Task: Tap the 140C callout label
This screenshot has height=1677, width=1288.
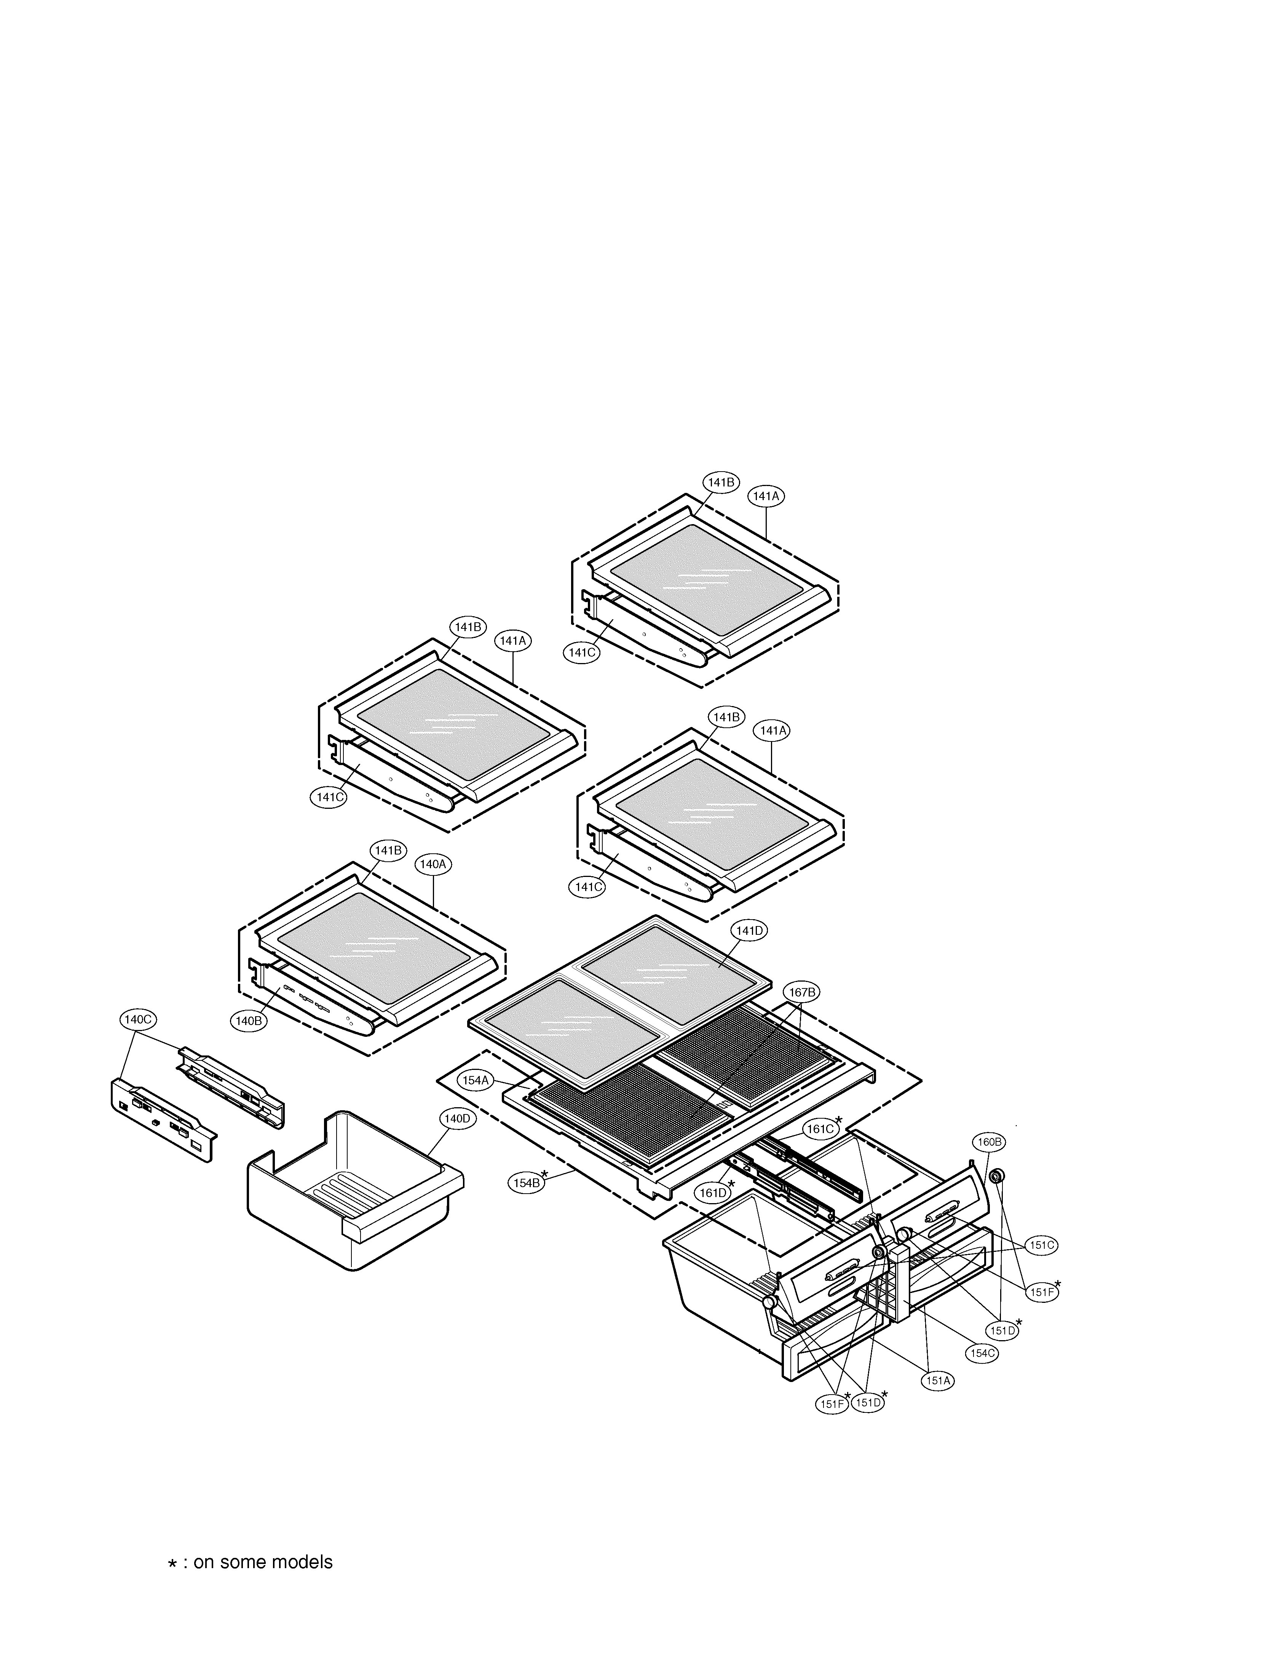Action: [138, 1019]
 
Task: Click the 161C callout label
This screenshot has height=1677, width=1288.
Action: [819, 1129]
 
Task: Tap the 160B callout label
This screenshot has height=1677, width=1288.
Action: [988, 1142]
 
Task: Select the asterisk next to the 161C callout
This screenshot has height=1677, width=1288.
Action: [839, 1121]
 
